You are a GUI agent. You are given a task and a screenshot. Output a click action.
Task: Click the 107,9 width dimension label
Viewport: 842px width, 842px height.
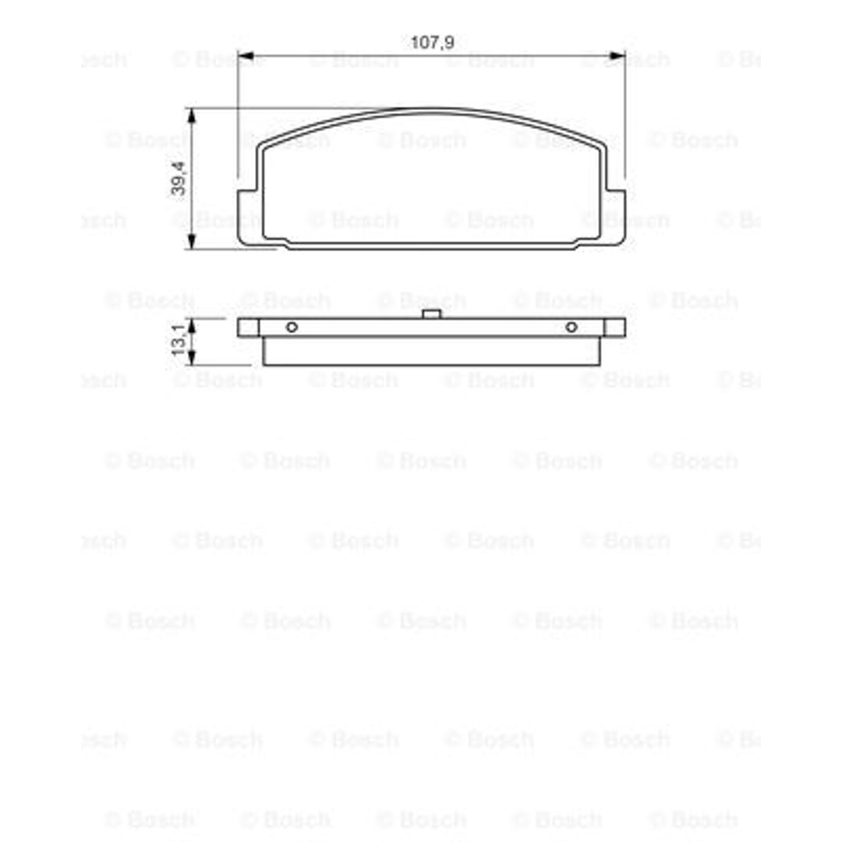click(432, 42)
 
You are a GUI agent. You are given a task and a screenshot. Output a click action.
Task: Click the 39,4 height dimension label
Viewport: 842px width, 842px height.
click(178, 179)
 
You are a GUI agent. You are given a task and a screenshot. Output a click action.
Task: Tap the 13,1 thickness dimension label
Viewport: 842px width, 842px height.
click(178, 339)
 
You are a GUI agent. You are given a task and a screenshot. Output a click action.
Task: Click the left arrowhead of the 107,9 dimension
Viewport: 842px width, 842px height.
click(246, 55)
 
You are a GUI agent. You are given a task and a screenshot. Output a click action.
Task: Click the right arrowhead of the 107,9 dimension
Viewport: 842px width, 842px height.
click(617, 55)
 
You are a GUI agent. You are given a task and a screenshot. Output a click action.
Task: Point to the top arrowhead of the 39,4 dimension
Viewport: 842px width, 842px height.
click(191, 115)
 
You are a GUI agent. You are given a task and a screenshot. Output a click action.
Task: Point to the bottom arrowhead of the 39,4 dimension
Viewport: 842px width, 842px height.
click(191, 242)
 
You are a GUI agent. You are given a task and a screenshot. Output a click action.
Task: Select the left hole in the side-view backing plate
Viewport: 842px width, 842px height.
click(292, 327)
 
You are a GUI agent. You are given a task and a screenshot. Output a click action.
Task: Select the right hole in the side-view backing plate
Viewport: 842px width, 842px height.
click(571, 327)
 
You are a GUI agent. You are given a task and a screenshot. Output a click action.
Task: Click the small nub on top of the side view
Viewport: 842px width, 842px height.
click(431, 314)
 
